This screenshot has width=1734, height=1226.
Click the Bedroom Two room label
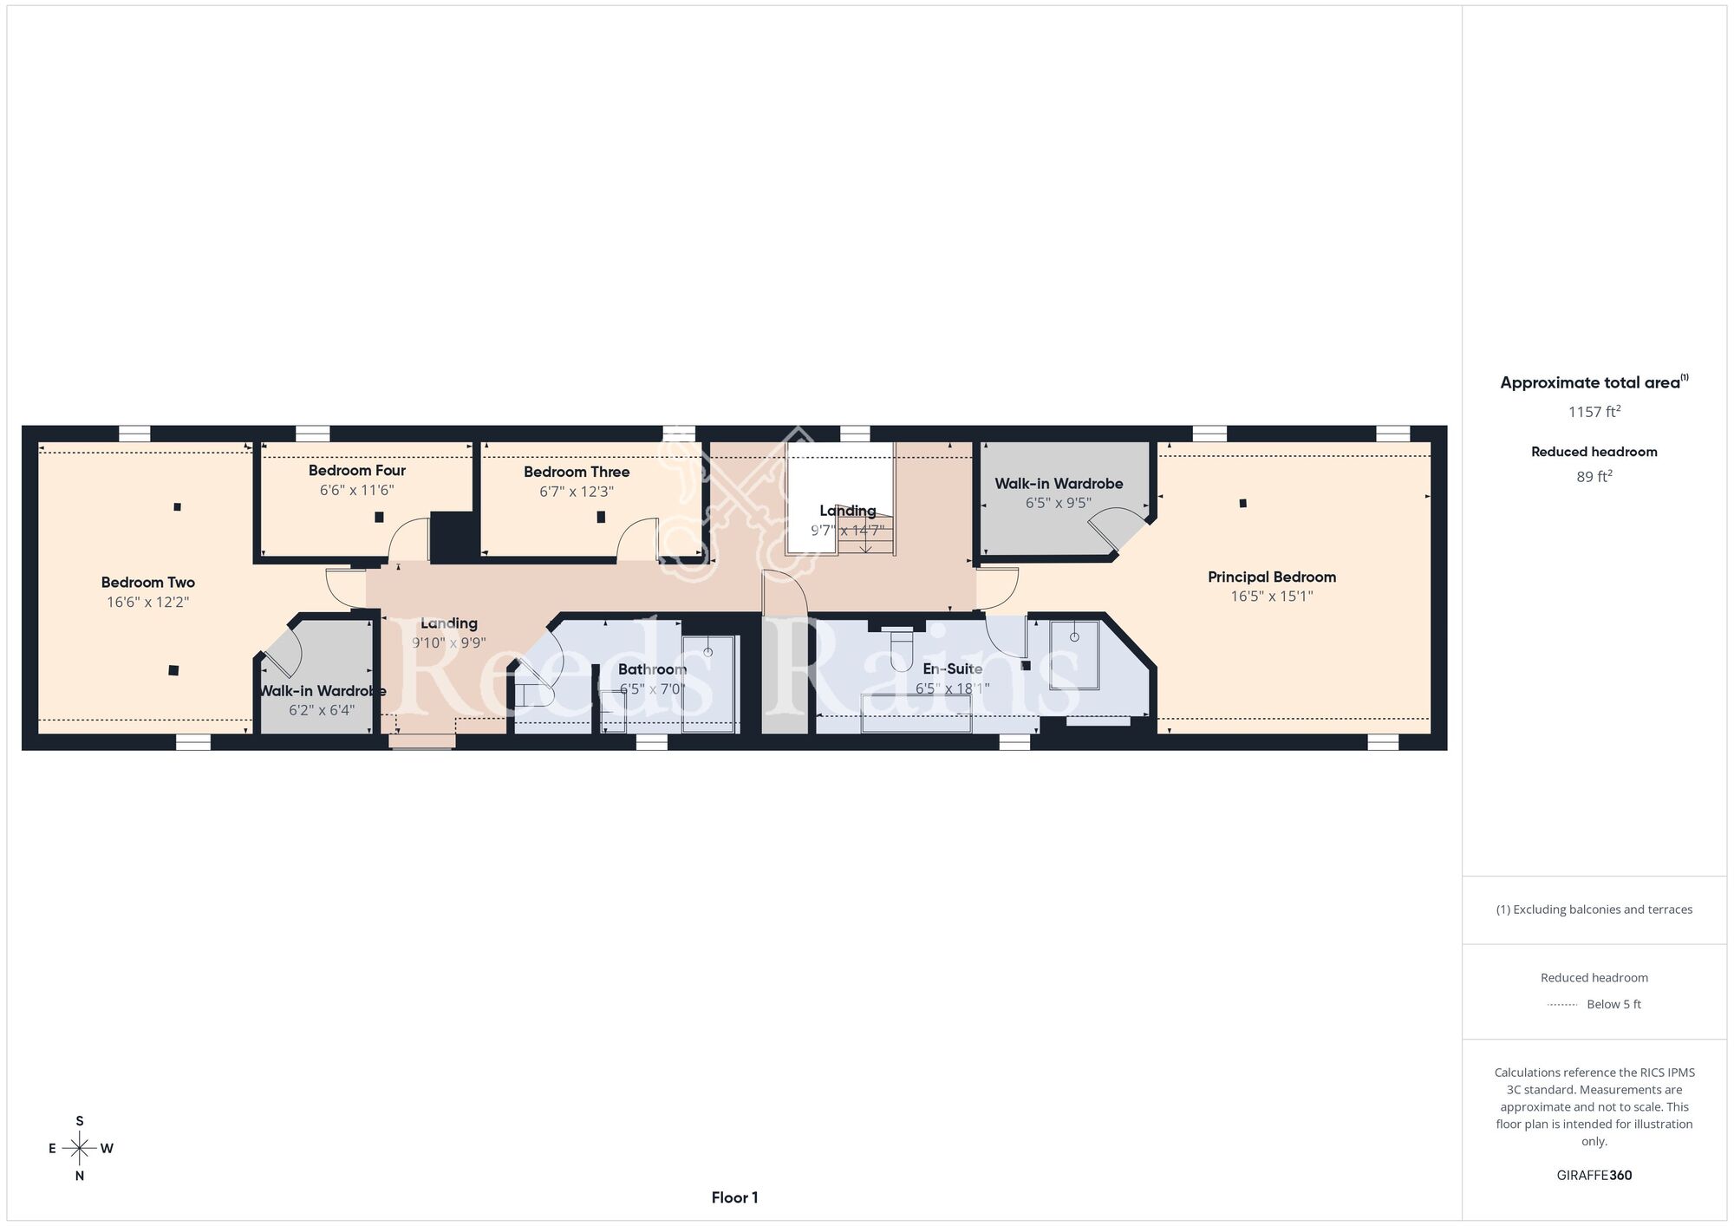click(147, 583)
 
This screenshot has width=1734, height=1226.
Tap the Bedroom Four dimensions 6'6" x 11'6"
click(357, 490)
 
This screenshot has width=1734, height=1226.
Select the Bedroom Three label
click(577, 472)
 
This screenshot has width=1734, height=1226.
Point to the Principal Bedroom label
click(1272, 577)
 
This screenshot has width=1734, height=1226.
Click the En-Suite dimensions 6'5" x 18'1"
click(952, 688)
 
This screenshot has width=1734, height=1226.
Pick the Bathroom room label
click(652, 669)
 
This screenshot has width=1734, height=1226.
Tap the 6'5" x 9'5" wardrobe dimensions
click(1059, 503)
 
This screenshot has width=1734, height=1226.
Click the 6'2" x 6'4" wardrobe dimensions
click(322, 710)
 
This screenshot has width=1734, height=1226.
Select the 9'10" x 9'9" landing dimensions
click(448, 643)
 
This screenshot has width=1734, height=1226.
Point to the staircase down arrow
click(865, 538)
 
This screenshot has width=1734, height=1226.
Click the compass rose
click(80, 1149)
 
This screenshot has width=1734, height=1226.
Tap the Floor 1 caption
click(734, 1198)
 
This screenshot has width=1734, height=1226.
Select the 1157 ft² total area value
click(1594, 412)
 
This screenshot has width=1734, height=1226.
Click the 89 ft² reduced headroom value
click(1594, 477)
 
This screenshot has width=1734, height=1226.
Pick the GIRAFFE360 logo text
click(1594, 1176)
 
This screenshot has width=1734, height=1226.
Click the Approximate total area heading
click(1594, 382)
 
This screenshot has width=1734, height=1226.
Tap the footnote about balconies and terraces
click(1594, 910)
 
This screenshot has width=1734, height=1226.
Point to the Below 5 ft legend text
click(1613, 1004)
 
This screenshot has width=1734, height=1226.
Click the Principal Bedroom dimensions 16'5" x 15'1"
click(1272, 597)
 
